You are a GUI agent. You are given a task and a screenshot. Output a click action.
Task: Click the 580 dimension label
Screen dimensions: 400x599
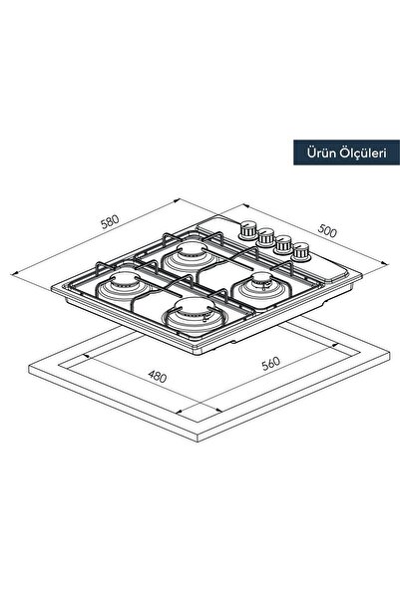point(110,222)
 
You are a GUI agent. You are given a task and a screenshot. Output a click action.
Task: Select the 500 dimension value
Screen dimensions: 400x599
point(327,231)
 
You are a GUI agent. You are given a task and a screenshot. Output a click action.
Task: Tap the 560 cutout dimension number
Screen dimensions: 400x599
point(271,364)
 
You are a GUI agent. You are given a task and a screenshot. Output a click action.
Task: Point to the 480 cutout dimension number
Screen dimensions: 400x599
point(158,377)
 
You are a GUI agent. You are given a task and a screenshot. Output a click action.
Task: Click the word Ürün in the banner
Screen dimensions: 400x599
point(321,152)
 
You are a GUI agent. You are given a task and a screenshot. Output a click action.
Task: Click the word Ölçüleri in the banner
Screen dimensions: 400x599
point(362,152)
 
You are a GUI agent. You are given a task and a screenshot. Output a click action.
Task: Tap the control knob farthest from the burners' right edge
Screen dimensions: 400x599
point(247,229)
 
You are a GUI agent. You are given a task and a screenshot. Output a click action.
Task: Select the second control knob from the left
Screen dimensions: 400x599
point(265,237)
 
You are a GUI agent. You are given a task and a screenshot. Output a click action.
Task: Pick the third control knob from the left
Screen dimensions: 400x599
point(283,244)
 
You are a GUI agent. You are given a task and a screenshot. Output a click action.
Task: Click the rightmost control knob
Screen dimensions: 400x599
point(300,252)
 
